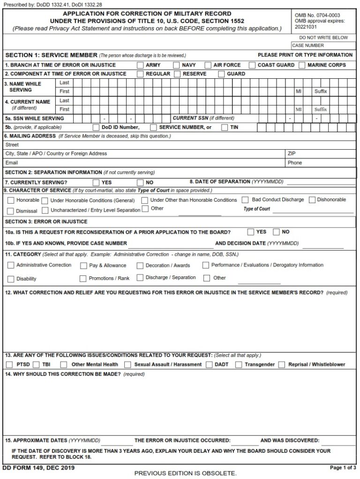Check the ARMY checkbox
click(x=140, y=65)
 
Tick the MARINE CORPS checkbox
click(x=302, y=65)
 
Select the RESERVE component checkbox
click(x=177, y=74)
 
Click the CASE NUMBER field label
click(x=307, y=46)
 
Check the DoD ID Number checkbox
click(x=96, y=127)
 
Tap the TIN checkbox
click(x=225, y=127)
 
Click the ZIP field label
click(x=292, y=153)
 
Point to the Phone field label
click(x=295, y=163)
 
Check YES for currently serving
click(x=96, y=182)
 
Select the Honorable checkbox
click(x=11, y=200)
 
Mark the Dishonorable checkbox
click(x=312, y=200)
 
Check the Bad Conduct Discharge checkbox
click(x=245, y=200)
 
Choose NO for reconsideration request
click(x=276, y=232)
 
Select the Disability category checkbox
click(x=11, y=279)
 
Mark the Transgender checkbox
click(x=239, y=365)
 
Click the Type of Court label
click(x=256, y=209)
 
